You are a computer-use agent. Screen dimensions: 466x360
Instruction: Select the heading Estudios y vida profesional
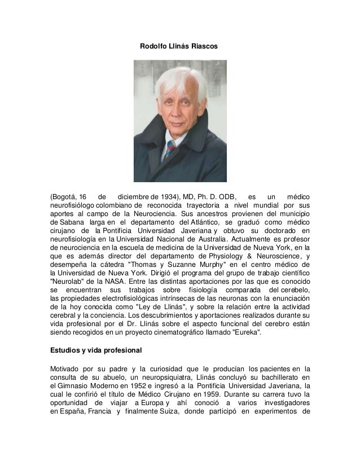pos(96,350)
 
